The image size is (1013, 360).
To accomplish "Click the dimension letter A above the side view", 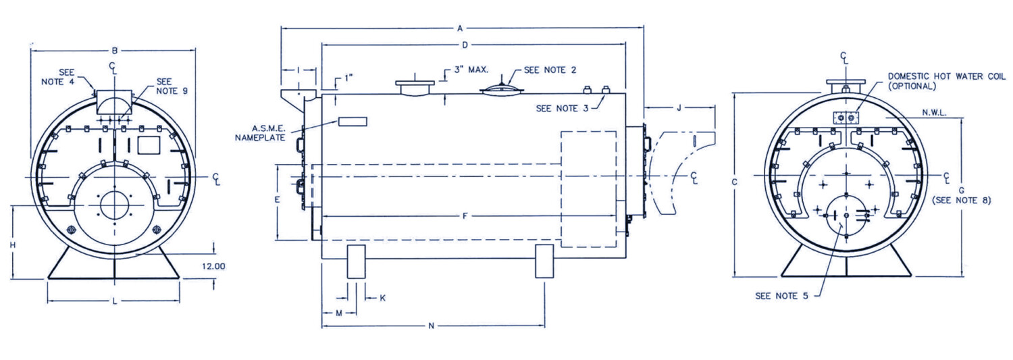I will coord(461,29).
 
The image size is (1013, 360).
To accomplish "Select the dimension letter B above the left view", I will coord(115,51).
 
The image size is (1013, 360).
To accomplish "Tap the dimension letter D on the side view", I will coord(465,45).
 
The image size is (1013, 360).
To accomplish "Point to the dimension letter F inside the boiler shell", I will coord(465,216).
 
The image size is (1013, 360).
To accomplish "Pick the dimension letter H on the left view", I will coord(12,245).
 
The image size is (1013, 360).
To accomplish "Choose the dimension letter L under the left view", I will coord(114,301).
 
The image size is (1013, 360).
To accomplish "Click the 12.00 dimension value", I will coord(214,266).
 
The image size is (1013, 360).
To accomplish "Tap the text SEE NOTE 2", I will coord(550,70).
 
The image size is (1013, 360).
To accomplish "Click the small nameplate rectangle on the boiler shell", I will coord(353,122).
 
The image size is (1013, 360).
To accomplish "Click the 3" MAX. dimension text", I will coord(470,70).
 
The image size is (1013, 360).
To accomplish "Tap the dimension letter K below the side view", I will coord(383,297).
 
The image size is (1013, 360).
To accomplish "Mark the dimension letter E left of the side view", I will coord(277,201).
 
